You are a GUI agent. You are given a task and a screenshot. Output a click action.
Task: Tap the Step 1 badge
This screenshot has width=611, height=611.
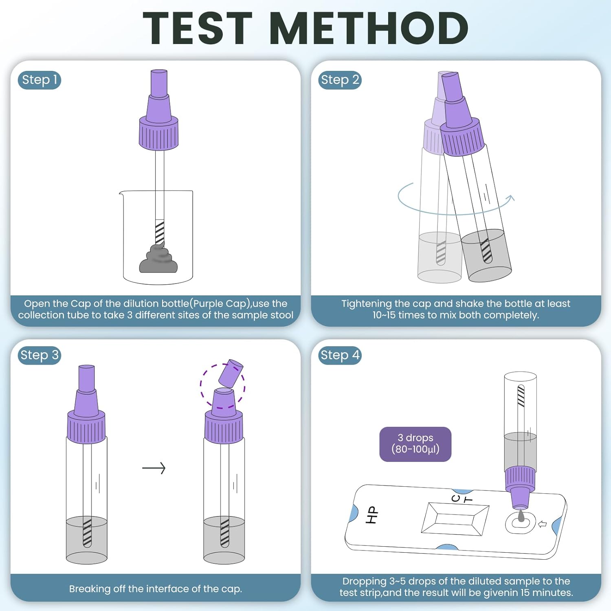tap(40, 80)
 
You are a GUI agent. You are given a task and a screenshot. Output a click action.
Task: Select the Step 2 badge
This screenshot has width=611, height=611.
tap(340, 80)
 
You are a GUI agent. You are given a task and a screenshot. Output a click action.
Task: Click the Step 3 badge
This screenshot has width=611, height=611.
tap(40, 355)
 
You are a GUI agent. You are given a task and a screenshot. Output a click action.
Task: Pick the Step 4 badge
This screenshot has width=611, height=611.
tap(340, 355)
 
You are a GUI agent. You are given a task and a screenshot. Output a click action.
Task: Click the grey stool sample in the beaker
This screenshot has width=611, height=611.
tap(158, 261)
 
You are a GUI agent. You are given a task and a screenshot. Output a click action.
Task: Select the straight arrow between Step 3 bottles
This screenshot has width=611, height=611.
tap(154, 468)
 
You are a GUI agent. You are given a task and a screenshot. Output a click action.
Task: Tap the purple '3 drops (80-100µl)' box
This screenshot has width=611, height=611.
tap(415, 444)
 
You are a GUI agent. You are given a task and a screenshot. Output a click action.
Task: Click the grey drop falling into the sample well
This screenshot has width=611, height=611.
tap(521, 516)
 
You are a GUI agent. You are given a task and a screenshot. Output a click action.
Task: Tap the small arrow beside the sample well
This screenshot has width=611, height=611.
tap(542, 524)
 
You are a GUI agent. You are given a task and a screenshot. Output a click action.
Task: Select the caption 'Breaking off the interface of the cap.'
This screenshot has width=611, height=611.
tap(155, 589)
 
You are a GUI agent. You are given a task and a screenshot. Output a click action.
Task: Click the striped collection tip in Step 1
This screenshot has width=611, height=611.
tap(160, 232)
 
